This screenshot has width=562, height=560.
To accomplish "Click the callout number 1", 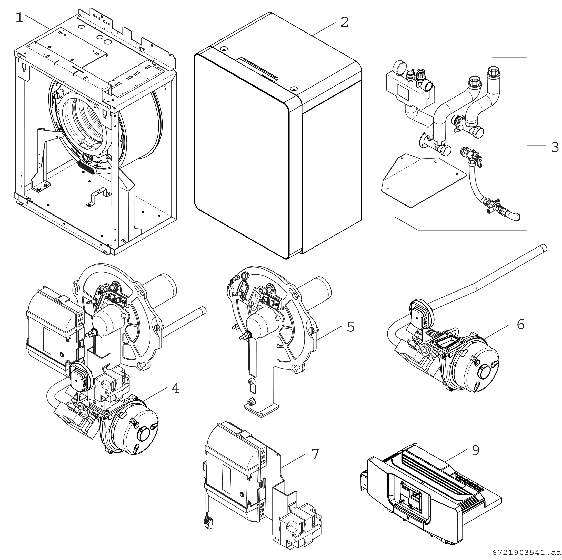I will pyautogui.click(x=19, y=18).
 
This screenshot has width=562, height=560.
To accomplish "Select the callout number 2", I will pyautogui.click(x=344, y=22).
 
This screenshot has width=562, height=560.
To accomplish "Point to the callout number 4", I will pyautogui.click(x=175, y=389).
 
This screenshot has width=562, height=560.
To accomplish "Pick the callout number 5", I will pyautogui.click(x=350, y=327).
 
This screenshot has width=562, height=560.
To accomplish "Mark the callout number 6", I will pyautogui.click(x=520, y=324).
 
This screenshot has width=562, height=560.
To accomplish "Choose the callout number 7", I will pyautogui.click(x=315, y=454).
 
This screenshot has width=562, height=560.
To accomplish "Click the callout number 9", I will pyautogui.click(x=475, y=450).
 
